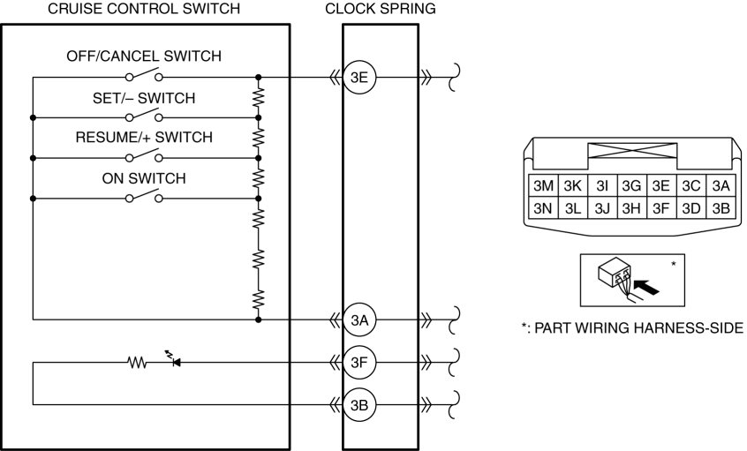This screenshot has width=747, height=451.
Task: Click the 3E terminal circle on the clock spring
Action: point(359,77)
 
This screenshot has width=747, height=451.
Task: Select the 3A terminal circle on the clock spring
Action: point(359,320)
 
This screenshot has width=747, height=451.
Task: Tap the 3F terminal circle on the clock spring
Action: point(359,363)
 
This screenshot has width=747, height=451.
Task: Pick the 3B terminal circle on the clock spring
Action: point(359,405)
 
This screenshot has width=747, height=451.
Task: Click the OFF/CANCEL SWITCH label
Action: point(144,56)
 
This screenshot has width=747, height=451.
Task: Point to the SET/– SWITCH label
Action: point(144,98)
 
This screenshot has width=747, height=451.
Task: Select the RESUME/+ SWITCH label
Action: point(144,137)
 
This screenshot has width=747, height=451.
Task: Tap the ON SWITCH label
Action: point(144,178)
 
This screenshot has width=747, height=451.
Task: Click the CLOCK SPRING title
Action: point(381,9)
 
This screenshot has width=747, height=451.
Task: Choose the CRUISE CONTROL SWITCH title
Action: point(144,9)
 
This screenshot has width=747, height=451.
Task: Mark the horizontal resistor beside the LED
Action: point(137,363)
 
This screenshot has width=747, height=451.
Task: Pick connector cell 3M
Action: point(543,185)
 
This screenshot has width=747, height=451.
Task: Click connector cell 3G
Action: point(631,185)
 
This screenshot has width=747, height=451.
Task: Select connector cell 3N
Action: point(543,208)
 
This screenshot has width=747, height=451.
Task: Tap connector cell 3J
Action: point(602,208)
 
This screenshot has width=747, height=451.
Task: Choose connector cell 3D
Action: point(690,208)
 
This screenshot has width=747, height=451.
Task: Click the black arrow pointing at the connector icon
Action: point(648,287)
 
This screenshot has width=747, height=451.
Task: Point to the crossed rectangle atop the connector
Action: point(632,151)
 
